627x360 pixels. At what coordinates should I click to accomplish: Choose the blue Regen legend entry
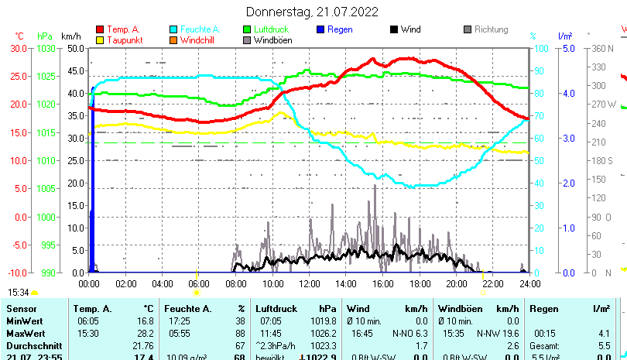[x=341, y=29]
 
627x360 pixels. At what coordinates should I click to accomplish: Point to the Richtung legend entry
[x=491, y=29]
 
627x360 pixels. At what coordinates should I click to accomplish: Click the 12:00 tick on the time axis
[x=309, y=284]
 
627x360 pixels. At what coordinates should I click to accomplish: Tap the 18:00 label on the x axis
[x=419, y=284]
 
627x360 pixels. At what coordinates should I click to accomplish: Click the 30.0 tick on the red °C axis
[x=19, y=48]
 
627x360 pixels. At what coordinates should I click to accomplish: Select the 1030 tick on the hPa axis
[x=46, y=48]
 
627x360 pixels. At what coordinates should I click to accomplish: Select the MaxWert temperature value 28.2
[x=146, y=333]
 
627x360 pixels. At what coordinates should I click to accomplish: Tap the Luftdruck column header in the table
[x=276, y=309]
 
